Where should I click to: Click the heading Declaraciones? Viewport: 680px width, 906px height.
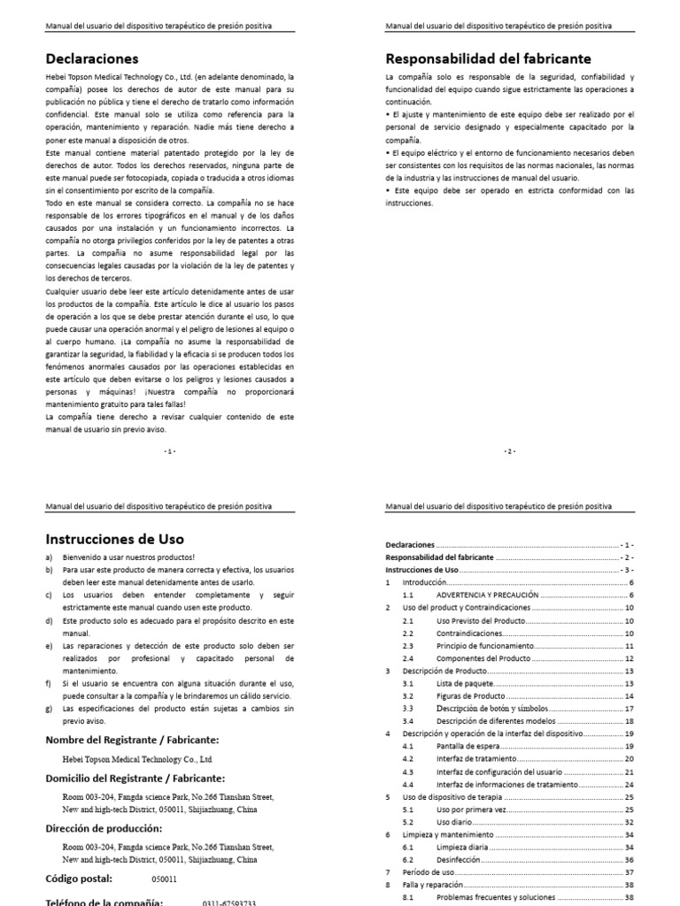92,60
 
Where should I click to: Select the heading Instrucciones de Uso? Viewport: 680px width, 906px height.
115,538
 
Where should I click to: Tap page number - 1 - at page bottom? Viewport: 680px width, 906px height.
170,450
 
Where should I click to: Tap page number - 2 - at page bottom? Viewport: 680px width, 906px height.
510,450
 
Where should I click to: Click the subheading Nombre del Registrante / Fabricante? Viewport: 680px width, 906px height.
132,740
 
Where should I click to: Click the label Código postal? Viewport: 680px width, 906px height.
79,879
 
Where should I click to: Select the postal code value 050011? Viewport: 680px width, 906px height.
164,879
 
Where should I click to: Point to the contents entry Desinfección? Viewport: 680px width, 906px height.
459,859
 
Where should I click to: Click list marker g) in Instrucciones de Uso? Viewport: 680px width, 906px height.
49,709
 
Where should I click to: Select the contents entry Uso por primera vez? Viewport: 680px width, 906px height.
471,809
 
